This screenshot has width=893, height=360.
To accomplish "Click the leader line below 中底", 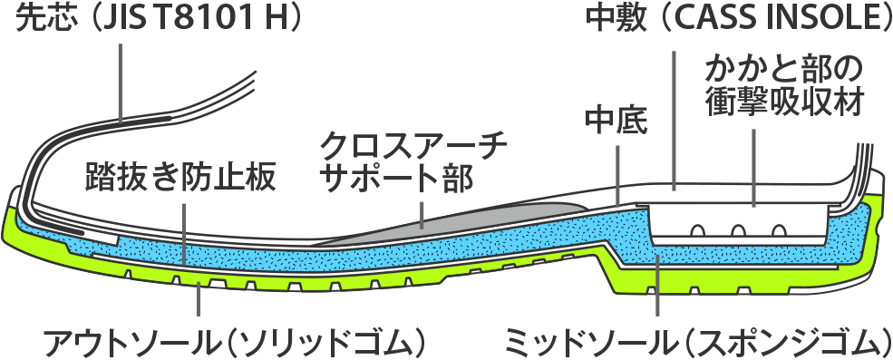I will point(616,168).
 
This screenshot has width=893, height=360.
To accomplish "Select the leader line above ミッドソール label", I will point(659,290).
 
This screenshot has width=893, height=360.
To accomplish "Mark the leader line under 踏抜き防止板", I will point(184,231).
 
